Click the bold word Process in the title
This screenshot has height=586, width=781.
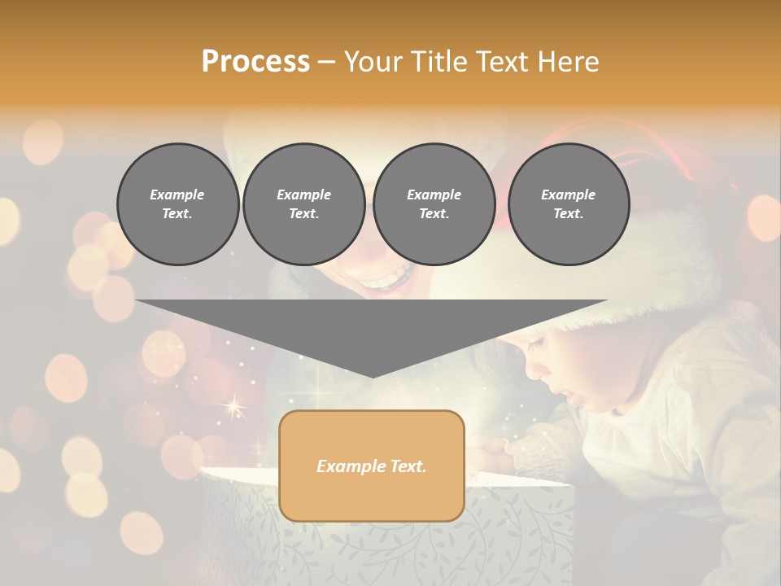coord(255,62)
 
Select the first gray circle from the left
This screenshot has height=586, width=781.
coord(178,204)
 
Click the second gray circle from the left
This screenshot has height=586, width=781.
coord(304,204)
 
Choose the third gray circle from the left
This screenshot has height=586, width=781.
coord(434,204)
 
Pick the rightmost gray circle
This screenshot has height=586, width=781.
coord(569,204)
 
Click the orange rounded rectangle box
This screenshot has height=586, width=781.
coord(372,466)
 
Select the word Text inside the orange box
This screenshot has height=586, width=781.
coord(406,466)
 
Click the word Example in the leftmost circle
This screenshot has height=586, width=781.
coord(177,195)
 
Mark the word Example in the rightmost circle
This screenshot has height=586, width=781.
coord(569,195)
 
